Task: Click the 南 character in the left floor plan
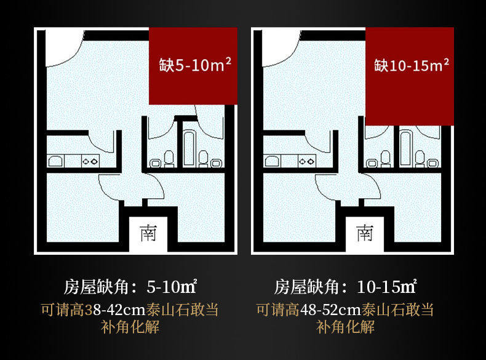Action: coord(148,233)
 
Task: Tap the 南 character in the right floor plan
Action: coord(364,233)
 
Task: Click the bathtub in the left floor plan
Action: coord(189,148)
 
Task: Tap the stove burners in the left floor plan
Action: coord(91,161)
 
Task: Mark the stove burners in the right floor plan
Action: coord(307,161)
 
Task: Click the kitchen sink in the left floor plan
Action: coord(56,161)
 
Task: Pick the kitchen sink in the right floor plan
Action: coord(273,161)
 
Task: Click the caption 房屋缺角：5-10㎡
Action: coord(130,287)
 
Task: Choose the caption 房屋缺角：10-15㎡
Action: coord(346,287)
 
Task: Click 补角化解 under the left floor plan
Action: coord(130,327)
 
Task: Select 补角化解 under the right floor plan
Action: coord(346,327)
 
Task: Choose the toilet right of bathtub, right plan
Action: coord(420,158)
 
